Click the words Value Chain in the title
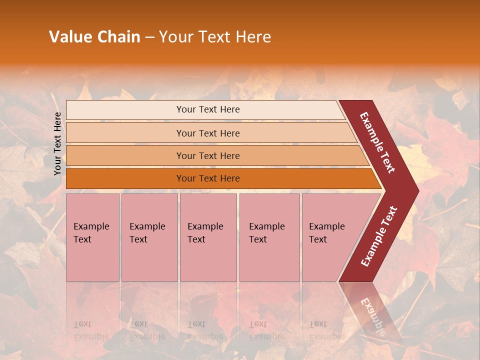point(94,37)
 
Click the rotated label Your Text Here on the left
point(57,143)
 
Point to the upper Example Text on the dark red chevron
point(377,142)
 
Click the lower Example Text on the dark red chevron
point(378,236)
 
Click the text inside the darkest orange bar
point(208,178)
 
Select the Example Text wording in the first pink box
point(91,233)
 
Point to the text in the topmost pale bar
point(208,109)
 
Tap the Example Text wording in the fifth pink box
point(326,233)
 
